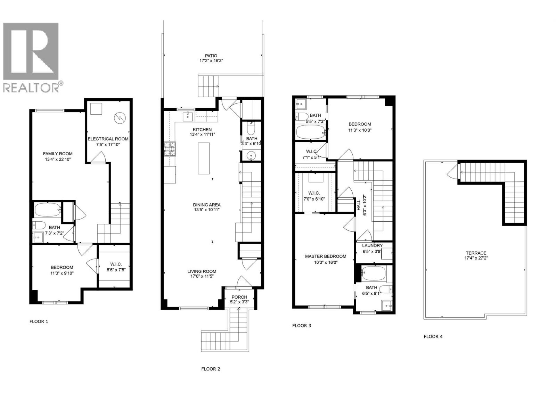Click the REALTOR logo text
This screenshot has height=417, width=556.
point(31,88)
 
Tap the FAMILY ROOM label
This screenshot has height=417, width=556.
point(58,154)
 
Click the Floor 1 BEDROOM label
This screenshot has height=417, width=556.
point(62,267)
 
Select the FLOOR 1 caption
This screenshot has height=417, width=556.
point(39,321)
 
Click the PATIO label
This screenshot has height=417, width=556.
point(211,56)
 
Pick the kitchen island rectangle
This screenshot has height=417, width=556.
point(204,158)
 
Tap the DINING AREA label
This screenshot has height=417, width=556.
point(207,205)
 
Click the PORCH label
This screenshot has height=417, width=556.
point(239,297)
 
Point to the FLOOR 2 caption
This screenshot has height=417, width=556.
point(211,369)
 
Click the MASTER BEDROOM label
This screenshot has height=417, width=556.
point(326,256)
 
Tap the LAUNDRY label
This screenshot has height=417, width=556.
point(372,245)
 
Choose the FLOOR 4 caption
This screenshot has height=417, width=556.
point(433,336)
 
